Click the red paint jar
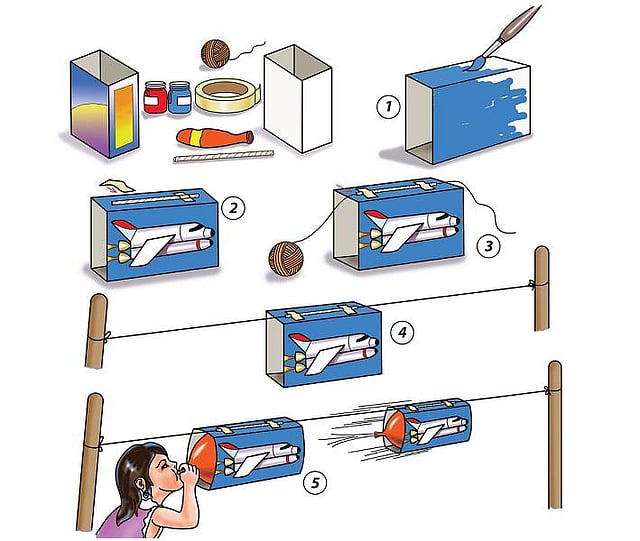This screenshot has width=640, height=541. (x=155, y=98)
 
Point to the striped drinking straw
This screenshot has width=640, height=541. (x=223, y=157)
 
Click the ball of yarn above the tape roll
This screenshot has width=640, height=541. (x=215, y=52)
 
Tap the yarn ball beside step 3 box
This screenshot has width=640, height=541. (x=284, y=258)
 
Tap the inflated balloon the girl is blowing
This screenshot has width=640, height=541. (x=205, y=457)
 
